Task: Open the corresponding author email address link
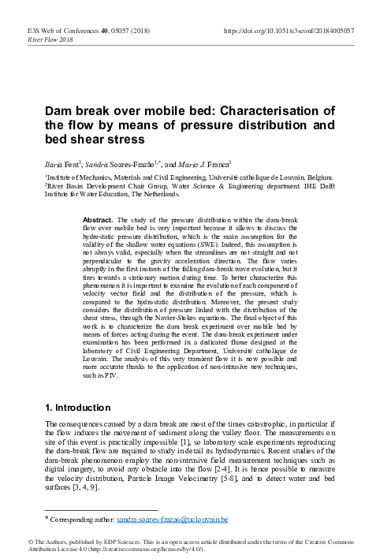(x=172, y=520)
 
